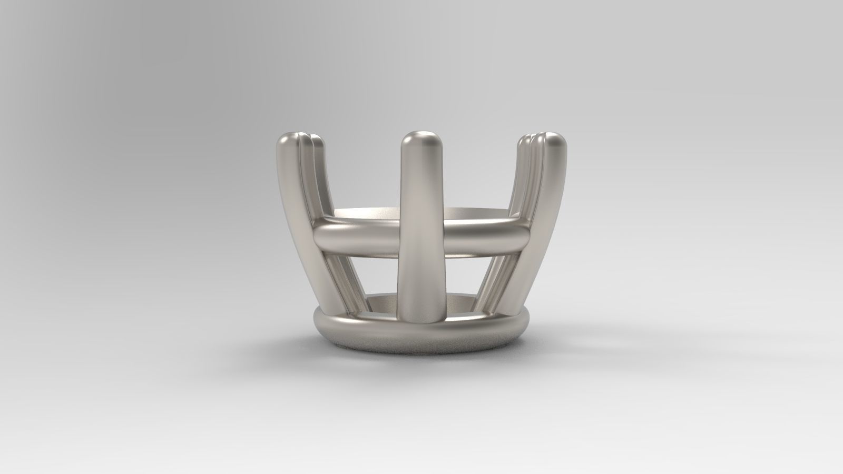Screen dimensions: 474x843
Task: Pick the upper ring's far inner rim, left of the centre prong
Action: click(x=369, y=212)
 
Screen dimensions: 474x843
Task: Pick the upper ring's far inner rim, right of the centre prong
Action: click(x=474, y=212)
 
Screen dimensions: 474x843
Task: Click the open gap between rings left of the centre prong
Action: click(x=374, y=274)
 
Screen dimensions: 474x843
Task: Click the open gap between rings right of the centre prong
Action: click(x=469, y=274)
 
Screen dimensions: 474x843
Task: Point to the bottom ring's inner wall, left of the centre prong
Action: click(x=382, y=303)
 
